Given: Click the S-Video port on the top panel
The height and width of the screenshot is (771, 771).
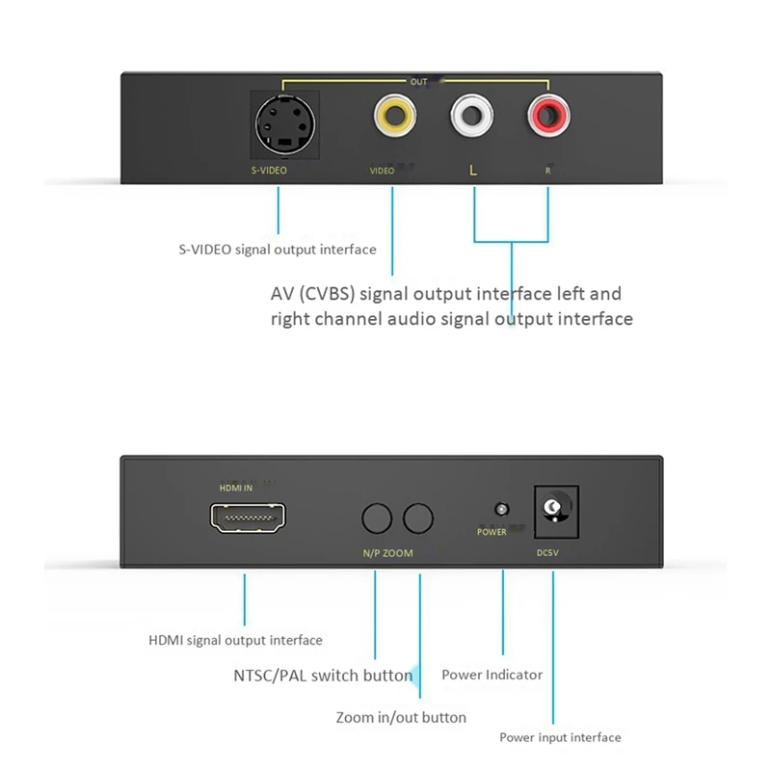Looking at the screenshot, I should (x=279, y=124).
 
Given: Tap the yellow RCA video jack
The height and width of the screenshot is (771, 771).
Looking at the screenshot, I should (x=394, y=119).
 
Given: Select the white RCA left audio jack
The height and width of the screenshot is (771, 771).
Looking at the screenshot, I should (x=472, y=119).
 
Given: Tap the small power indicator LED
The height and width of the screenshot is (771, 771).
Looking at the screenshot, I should (x=500, y=509).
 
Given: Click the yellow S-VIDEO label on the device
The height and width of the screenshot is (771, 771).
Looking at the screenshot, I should (x=263, y=171).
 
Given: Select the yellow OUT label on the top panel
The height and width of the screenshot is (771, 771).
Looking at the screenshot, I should (x=418, y=83).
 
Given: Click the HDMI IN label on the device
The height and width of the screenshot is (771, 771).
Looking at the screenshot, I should (x=236, y=488).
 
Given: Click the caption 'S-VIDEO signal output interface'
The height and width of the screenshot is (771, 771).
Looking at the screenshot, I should (x=277, y=250).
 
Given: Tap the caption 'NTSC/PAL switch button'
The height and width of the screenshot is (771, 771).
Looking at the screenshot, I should (x=323, y=676).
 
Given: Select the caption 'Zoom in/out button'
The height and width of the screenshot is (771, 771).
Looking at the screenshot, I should (x=401, y=718).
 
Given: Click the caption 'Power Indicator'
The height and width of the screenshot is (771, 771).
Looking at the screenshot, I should (x=492, y=676).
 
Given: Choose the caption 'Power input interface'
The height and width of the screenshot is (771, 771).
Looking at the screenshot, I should (x=560, y=738).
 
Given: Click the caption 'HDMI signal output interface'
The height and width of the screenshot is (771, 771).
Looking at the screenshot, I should (x=235, y=640).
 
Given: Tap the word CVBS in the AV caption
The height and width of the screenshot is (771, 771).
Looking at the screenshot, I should (x=327, y=294).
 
